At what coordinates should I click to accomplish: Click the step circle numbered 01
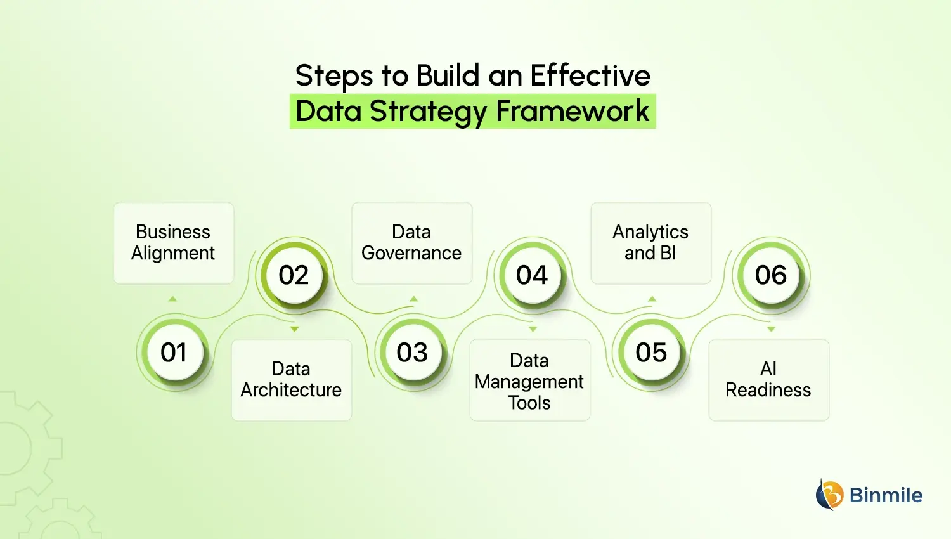[173, 353]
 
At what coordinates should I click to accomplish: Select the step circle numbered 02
[294, 275]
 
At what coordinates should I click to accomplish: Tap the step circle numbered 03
[412, 353]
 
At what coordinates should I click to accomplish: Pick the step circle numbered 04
[532, 275]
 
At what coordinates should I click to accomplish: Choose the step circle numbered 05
[651, 353]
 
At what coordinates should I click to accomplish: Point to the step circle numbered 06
[771, 275]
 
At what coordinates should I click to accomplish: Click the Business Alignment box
[174, 243]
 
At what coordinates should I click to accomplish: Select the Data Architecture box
[292, 380]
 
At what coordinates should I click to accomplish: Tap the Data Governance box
[412, 243]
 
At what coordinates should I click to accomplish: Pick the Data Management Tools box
[530, 380]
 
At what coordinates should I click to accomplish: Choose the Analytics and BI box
[651, 243]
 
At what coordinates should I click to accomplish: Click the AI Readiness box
[768, 380]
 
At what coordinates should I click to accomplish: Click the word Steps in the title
[335, 76]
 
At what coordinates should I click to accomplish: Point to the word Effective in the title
[590, 75]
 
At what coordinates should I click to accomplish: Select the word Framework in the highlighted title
[573, 112]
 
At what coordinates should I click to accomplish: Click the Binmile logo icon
[829, 495]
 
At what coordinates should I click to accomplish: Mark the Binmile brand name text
[886, 495]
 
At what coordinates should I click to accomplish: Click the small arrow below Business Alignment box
[172, 299]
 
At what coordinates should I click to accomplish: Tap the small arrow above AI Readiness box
[771, 329]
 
